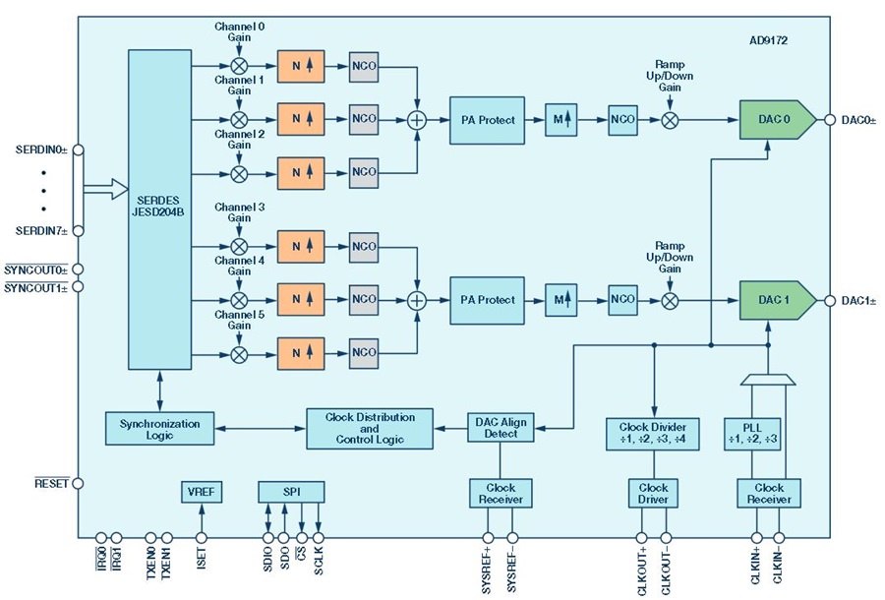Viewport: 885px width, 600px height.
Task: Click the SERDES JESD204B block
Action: coord(159,210)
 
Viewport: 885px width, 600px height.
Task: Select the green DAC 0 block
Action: coord(777,120)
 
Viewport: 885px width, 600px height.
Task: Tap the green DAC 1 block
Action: coord(777,300)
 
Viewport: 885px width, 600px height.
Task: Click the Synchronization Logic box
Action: coord(159,429)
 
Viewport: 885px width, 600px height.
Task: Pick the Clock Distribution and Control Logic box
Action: coord(370,429)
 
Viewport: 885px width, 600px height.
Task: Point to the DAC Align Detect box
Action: coord(501,427)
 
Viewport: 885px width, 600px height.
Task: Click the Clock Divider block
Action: coord(653,434)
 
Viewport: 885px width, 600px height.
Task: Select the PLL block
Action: coord(752,434)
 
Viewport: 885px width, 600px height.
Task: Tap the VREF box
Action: coord(202,492)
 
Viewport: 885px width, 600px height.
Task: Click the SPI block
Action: coord(291,492)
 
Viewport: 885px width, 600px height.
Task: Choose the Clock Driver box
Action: coord(653,494)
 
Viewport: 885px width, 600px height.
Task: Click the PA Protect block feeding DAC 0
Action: coord(487,120)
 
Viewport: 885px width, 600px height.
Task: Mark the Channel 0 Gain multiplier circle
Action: coord(239,66)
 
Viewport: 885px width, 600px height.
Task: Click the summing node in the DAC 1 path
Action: coord(417,300)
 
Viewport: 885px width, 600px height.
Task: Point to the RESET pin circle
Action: coord(78,484)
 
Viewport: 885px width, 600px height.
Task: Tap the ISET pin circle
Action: coord(202,537)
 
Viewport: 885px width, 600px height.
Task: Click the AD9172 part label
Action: coord(768,40)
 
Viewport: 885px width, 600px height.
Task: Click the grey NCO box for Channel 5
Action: coord(364,353)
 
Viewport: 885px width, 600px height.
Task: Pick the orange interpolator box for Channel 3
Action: coord(301,247)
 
